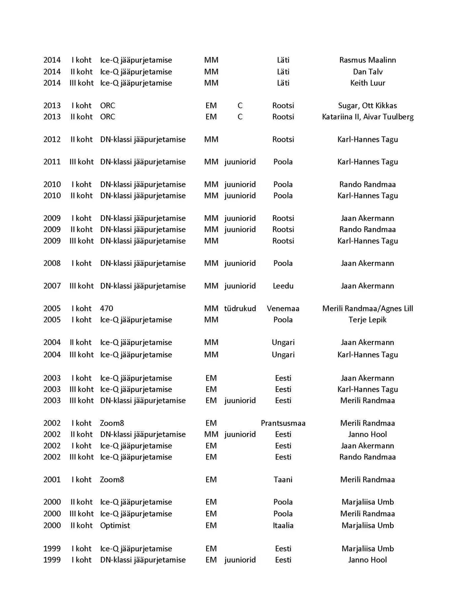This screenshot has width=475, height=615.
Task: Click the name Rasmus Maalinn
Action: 367,60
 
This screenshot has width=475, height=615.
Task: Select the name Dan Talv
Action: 367,72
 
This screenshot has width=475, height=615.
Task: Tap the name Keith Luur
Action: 367,83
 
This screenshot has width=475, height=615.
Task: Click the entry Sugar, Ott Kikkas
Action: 367,106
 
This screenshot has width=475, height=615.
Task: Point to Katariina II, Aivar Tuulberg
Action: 367,117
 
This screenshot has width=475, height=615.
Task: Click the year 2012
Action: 52,139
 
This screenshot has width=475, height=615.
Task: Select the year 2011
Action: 52,162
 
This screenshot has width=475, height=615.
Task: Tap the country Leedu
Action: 283,286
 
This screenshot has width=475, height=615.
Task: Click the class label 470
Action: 107,308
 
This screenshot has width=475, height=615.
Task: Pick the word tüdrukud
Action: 240,308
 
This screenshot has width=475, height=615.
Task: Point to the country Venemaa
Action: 283,308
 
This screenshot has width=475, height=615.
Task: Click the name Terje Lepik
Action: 367,320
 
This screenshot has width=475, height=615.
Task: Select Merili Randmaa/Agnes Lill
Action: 367,308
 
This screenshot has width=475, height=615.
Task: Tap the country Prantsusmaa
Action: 283,423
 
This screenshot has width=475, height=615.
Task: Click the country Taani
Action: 283,480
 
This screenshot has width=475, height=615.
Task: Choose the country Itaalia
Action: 283,526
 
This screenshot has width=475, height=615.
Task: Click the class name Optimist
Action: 115,526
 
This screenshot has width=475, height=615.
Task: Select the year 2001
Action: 52,480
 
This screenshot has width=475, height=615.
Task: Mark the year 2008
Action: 52,263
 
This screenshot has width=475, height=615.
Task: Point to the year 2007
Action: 52,286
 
